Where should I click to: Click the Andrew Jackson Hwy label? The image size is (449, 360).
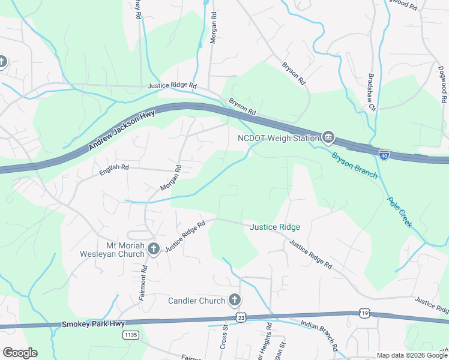(122, 130)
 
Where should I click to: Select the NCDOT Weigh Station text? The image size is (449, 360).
(277, 138)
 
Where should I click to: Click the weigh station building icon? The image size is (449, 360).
(328, 137)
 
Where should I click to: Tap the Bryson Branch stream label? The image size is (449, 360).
(354, 164)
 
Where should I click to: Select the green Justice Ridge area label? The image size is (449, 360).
(275, 227)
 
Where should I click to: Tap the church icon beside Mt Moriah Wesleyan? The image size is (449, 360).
(153, 248)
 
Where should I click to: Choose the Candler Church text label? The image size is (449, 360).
(196, 300)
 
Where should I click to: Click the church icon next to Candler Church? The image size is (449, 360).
(234, 299)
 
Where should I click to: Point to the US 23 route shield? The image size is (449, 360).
(241, 316)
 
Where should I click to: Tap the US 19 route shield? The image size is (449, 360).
(365, 313)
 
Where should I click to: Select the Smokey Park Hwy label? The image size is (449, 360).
(87, 324)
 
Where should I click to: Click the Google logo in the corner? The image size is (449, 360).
(20, 353)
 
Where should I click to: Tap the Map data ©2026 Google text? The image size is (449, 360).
(411, 355)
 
